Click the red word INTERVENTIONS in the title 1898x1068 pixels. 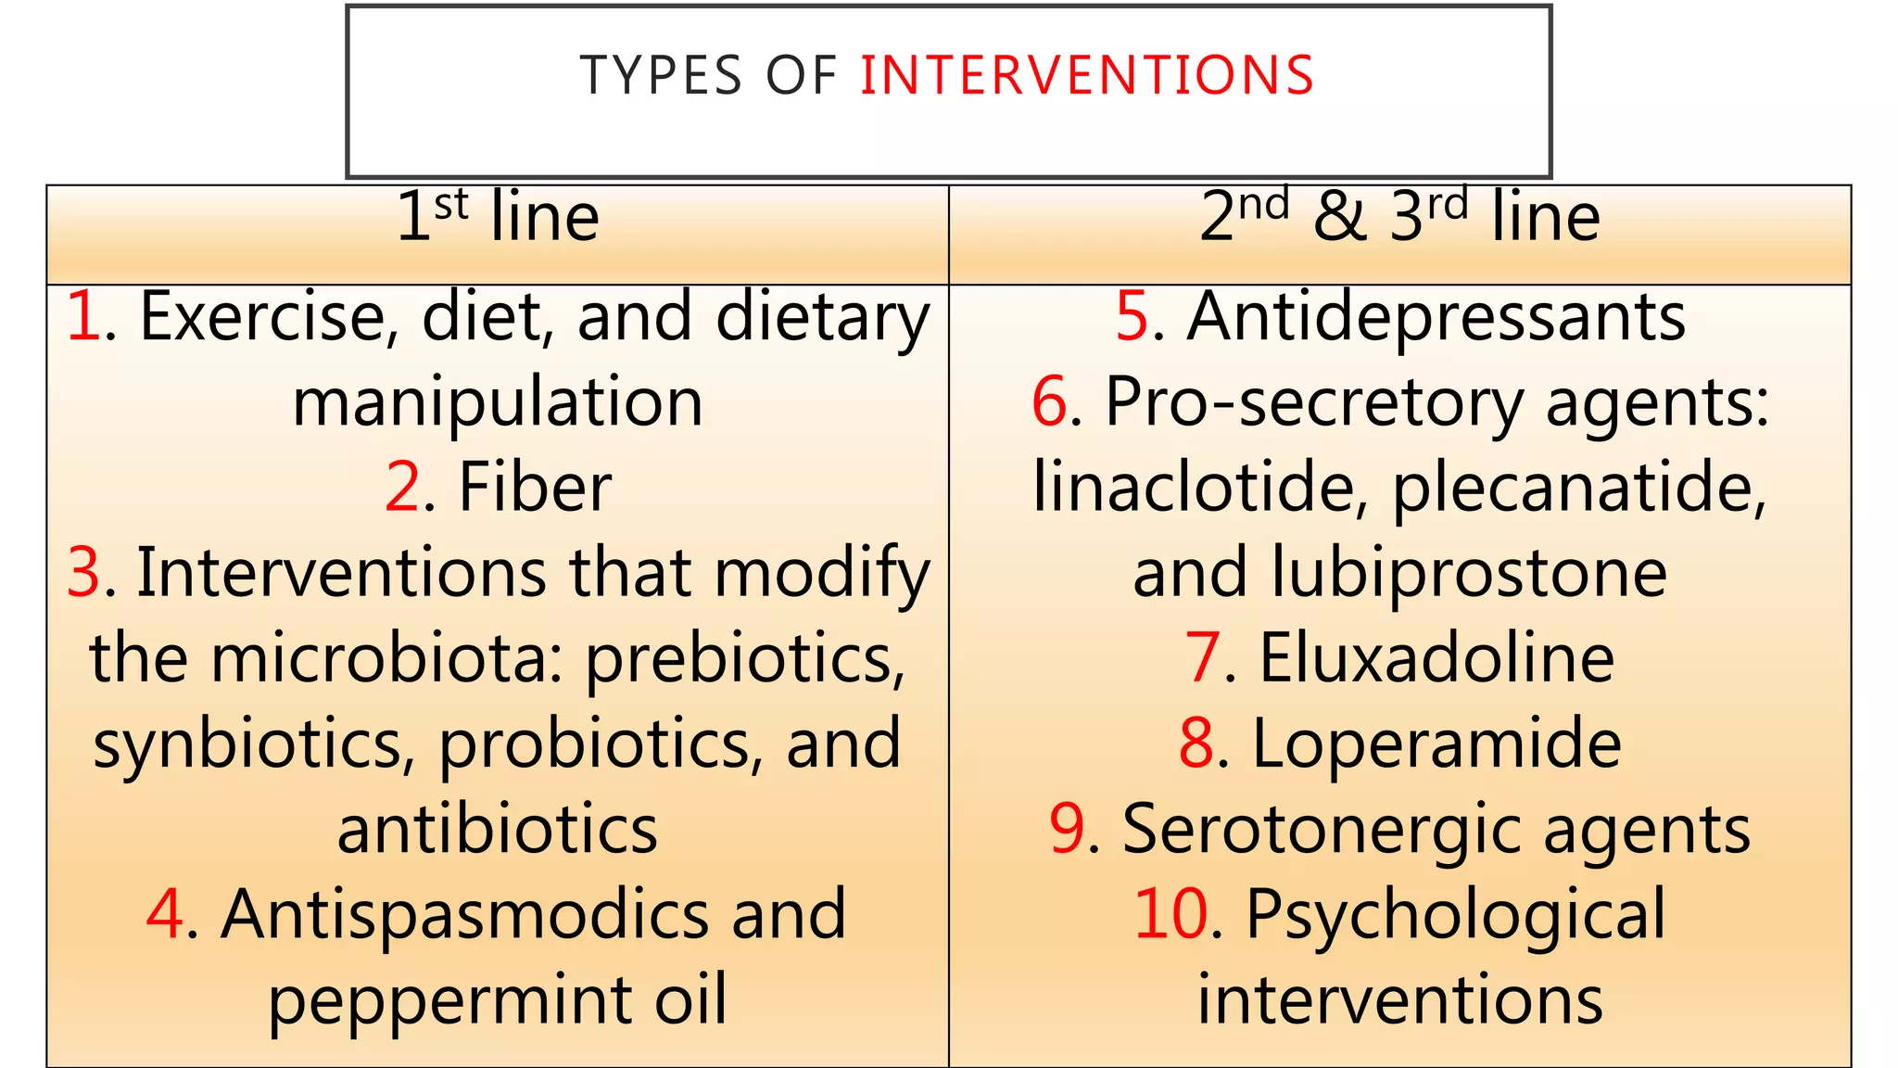(x=1086, y=75)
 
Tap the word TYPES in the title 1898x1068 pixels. (x=661, y=75)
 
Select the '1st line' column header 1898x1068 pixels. (x=498, y=218)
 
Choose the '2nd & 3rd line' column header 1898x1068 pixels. (x=1399, y=218)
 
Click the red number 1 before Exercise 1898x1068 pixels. (x=83, y=317)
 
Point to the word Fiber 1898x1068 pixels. (x=535, y=488)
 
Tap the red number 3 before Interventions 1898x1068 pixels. (x=83, y=573)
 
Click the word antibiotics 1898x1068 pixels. (x=498, y=830)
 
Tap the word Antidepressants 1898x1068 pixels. (x=1436, y=317)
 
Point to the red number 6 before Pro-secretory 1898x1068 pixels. (x=1050, y=402)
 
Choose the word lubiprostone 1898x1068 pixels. (x=1469, y=573)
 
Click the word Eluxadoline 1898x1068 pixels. (x=1436, y=658)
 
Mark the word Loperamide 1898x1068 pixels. (x=1436, y=744)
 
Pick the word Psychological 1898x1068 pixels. (x=1455, y=915)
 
